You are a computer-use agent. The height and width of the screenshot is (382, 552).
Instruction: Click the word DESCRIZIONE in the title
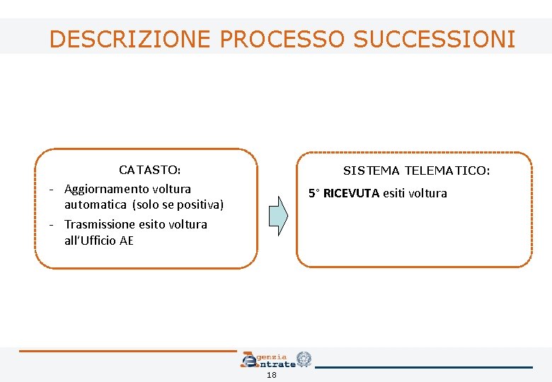(130, 39)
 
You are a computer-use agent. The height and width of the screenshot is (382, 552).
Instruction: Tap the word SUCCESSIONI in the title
(435, 39)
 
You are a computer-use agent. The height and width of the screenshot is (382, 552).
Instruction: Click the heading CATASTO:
(150, 170)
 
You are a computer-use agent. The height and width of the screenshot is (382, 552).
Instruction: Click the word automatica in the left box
(92, 205)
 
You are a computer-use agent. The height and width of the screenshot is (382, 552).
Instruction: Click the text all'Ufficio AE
(99, 241)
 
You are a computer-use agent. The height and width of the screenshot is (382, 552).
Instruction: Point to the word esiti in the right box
(396, 193)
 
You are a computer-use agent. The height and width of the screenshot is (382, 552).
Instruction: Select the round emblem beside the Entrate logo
(304, 359)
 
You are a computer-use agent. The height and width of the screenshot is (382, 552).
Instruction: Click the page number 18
(272, 376)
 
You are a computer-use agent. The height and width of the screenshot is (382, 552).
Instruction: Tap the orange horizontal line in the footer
(127, 351)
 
